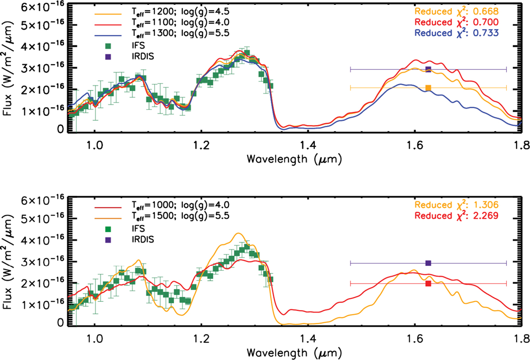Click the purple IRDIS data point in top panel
coord(428,69)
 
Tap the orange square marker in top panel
coord(428,88)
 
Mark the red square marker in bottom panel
coord(428,283)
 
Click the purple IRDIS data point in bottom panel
coord(428,263)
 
